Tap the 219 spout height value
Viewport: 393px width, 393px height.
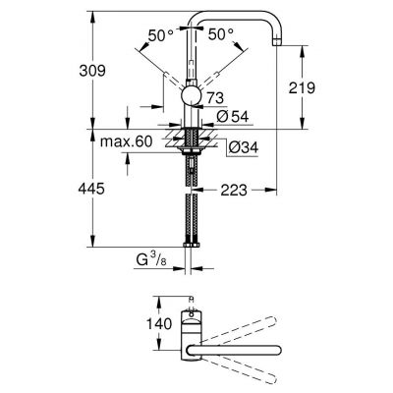[303, 87]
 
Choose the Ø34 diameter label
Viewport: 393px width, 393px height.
[242, 148]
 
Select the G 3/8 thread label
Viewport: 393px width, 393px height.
[155, 262]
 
